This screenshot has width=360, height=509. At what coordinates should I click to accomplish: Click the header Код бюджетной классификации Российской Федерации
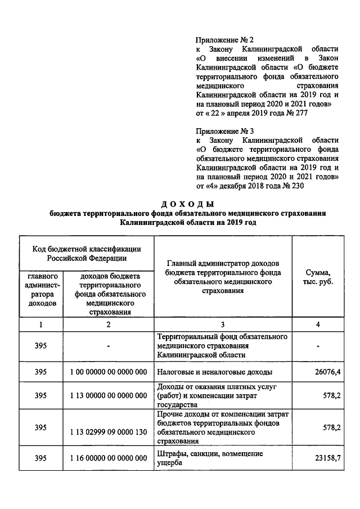86,254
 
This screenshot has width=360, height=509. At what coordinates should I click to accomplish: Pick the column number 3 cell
222,325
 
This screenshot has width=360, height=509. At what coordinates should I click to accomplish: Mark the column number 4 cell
318,325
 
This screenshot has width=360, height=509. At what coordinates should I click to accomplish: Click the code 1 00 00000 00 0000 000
109,372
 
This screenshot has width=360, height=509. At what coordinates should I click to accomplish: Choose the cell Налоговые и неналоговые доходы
215,372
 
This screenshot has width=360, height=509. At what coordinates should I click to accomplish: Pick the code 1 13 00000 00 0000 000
109,395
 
